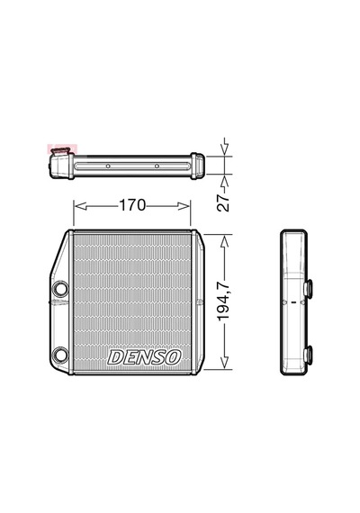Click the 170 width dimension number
(x=132, y=205)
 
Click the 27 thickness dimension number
(x=224, y=202)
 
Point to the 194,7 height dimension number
(x=224, y=302)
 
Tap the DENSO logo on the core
(x=144, y=357)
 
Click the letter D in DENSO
(x=115, y=357)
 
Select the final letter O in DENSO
(x=174, y=357)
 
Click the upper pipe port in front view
(x=60, y=289)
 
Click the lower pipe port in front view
(x=60, y=355)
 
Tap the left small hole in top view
(x=108, y=166)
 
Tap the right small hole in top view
(x=157, y=166)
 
